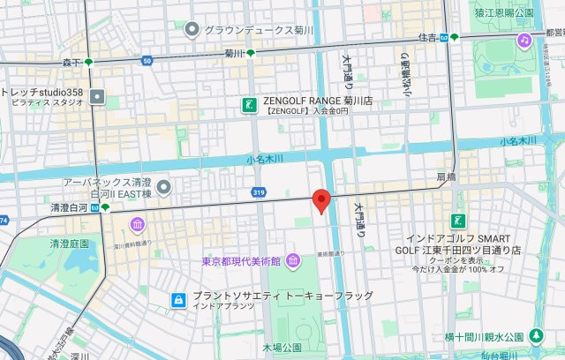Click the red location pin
(x=322, y=201)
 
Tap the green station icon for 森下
(x=88, y=63)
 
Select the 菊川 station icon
(x=252, y=53)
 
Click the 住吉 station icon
(x=454, y=37)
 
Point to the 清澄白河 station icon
(x=105, y=208)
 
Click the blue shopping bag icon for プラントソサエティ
(x=177, y=300)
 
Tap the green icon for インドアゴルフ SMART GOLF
(x=458, y=221)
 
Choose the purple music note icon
(x=524, y=41)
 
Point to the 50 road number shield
(x=147, y=61)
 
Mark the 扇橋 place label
(x=447, y=177)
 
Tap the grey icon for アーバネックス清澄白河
(x=162, y=186)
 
